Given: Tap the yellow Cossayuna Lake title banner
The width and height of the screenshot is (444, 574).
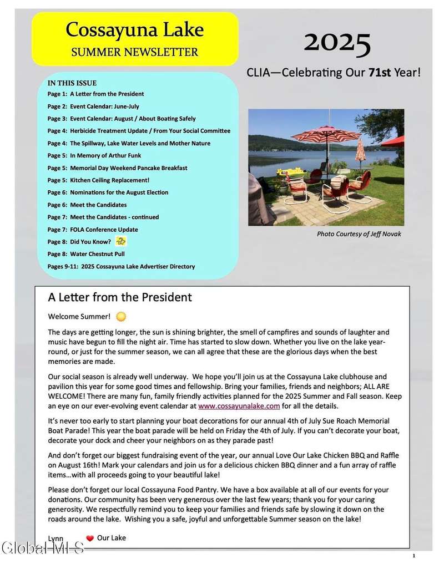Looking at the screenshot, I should click(x=135, y=38).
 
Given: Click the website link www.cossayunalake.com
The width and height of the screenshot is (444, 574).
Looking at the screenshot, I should click(x=239, y=406).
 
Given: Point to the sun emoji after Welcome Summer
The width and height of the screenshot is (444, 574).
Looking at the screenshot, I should click(x=121, y=317).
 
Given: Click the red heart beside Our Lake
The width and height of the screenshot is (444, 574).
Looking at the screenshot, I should click(x=90, y=538).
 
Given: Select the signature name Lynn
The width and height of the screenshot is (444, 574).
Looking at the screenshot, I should click(x=56, y=539).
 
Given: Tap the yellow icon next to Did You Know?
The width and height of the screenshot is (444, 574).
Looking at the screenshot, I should click(x=120, y=241).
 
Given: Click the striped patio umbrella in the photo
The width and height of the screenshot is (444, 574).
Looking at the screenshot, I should click(x=325, y=135).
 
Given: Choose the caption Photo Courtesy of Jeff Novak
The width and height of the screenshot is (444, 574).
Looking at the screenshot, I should click(x=359, y=234).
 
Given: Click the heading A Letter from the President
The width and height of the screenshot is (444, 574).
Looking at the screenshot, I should click(x=120, y=298).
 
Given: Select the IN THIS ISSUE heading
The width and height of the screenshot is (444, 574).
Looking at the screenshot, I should click(x=75, y=83).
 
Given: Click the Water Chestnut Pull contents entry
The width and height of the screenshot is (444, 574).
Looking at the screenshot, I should click(x=97, y=254).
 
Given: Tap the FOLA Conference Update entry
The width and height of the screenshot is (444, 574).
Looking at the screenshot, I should click(x=104, y=230).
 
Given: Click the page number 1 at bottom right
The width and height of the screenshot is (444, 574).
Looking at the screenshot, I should click(x=414, y=556).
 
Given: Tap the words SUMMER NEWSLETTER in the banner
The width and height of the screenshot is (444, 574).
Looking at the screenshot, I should click(x=135, y=53).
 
